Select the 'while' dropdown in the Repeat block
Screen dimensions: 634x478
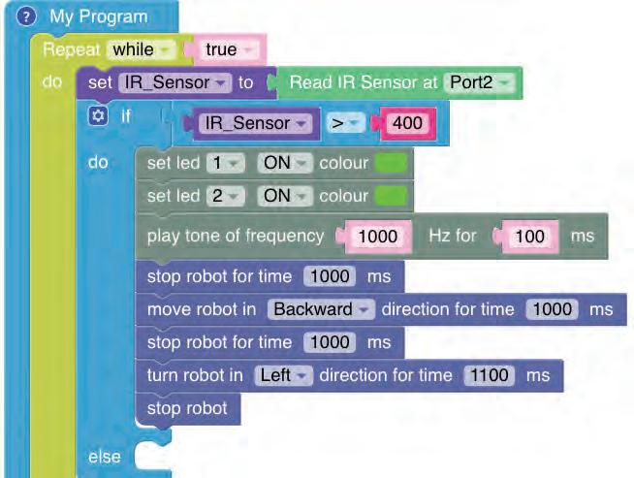pyautogui.click(x=139, y=49)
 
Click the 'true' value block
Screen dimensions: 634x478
pyautogui.click(x=226, y=49)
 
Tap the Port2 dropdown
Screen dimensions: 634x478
pyautogui.click(x=481, y=82)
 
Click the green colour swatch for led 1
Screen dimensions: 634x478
pyautogui.click(x=391, y=163)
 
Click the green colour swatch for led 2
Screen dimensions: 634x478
pyautogui.click(x=391, y=196)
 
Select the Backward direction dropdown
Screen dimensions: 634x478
pyautogui.click(x=321, y=309)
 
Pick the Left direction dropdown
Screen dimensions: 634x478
pyautogui.click(x=281, y=375)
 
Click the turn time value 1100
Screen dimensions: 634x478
pyautogui.click(x=488, y=375)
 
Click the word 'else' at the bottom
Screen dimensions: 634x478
pyautogui.click(x=105, y=457)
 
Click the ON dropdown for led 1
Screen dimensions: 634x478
pyautogui.click(x=282, y=163)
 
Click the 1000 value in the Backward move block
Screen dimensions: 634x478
pyautogui.click(x=551, y=309)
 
